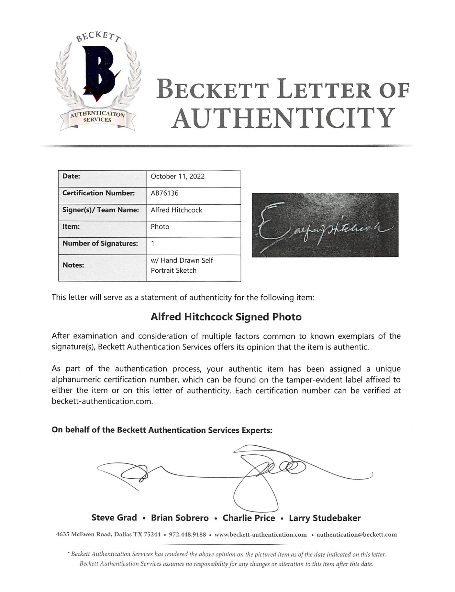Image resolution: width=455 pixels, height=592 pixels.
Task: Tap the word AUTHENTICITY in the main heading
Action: click(283, 118)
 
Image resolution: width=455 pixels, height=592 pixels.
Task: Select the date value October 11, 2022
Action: click(178, 176)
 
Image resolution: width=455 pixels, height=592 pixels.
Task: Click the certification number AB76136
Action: click(164, 193)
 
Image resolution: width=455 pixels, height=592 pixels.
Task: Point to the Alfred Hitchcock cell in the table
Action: click(176, 210)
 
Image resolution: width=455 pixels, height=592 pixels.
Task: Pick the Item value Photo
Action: click(160, 227)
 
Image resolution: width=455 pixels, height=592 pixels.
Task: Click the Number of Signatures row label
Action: click(100, 244)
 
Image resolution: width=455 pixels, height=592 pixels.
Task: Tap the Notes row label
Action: click(73, 265)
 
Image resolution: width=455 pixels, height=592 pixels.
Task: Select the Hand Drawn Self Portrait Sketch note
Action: click(182, 266)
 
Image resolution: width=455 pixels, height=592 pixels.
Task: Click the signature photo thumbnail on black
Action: click(325, 225)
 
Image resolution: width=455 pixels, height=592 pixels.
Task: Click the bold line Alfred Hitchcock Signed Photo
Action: click(226, 317)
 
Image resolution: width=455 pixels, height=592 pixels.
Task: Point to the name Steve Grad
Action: click(114, 518)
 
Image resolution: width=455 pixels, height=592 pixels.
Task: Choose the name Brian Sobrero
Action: click(180, 518)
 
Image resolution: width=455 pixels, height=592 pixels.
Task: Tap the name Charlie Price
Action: click(249, 518)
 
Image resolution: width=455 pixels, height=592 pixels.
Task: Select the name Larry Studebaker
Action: click(325, 518)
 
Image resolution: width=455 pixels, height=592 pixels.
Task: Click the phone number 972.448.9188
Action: click(187, 535)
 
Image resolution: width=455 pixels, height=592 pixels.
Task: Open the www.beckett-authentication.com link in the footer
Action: click(261, 535)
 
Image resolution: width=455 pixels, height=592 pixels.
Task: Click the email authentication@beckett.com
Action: click(357, 535)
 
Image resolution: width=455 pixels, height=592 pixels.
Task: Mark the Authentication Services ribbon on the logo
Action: click(97, 117)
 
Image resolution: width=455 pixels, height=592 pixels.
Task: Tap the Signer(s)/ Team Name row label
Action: click(101, 210)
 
